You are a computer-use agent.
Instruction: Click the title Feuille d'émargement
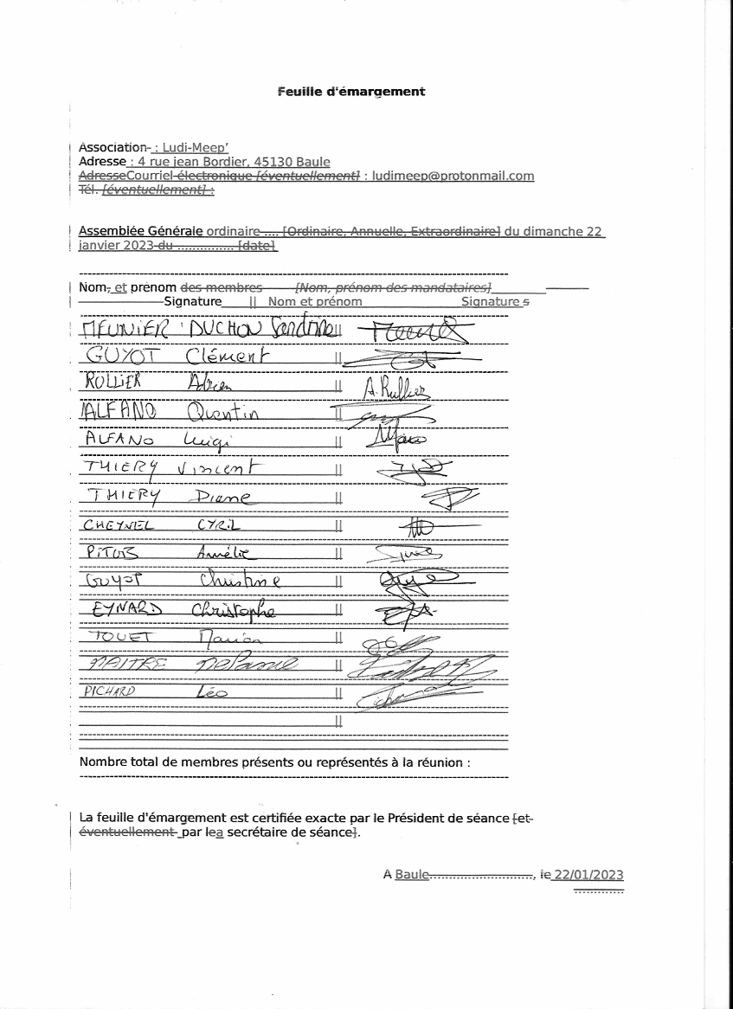pos(351,91)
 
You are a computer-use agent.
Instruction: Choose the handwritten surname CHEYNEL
pos(117,525)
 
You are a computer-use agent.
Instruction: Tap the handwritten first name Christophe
pos(233,609)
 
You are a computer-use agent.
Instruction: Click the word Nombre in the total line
pos(102,762)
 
